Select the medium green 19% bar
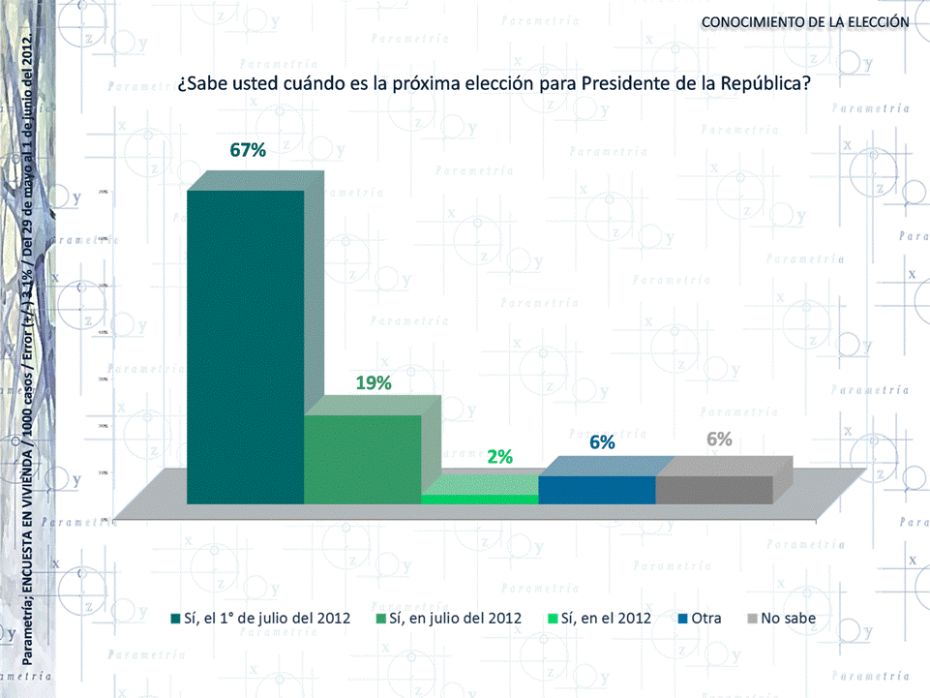[x=363, y=459]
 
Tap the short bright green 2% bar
[x=479, y=499]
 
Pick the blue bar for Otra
[x=596, y=490]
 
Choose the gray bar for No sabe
[x=713, y=490]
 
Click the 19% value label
[x=373, y=383]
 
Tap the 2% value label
[x=499, y=457]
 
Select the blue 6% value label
[x=602, y=442]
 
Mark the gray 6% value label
[x=719, y=440]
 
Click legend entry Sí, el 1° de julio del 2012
[x=267, y=618]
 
